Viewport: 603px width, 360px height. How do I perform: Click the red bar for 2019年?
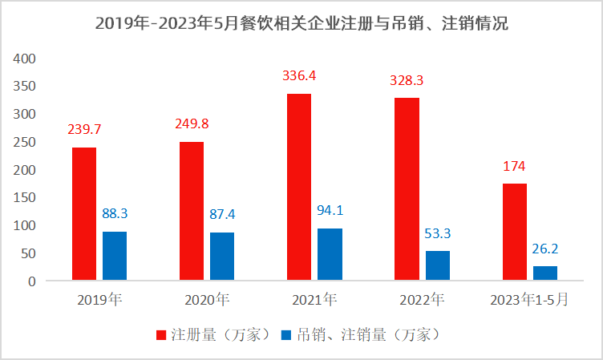[x=84, y=214]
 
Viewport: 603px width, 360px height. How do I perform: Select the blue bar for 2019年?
[x=115, y=257]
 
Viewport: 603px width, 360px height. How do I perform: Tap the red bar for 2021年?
[x=299, y=188]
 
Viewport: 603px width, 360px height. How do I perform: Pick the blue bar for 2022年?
[x=437, y=266]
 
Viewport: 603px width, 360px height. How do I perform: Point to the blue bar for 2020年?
[x=222, y=257]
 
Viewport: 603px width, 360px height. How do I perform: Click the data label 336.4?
[x=299, y=76]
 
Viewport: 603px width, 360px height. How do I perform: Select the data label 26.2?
[x=545, y=249]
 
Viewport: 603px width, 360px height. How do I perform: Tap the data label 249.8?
[x=192, y=124]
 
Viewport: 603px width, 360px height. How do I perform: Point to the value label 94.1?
[x=330, y=212]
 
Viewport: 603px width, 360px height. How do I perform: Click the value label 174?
[x=515, y=167]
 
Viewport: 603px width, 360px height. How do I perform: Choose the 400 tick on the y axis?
[x=26, y=59]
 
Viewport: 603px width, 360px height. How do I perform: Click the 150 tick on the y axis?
[x=26, y=198]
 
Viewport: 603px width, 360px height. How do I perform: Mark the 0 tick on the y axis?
[x=32, y=281]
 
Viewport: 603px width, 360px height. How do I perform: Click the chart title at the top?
[x=301, y=23]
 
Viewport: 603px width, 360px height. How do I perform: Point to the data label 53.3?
[x=438, y=234]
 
